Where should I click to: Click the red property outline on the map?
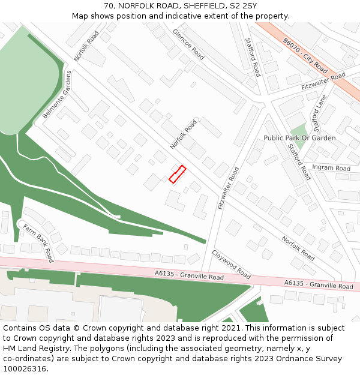click(177, 174)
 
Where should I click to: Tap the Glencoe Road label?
click(188, 44)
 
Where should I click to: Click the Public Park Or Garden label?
click(299, 138)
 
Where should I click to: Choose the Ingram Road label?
click(331, 169)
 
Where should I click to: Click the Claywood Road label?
click(231, 264)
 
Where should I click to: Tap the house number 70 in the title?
click(109, 6)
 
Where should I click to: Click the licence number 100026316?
click(26, 369)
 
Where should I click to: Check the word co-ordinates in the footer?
click(27, 359)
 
